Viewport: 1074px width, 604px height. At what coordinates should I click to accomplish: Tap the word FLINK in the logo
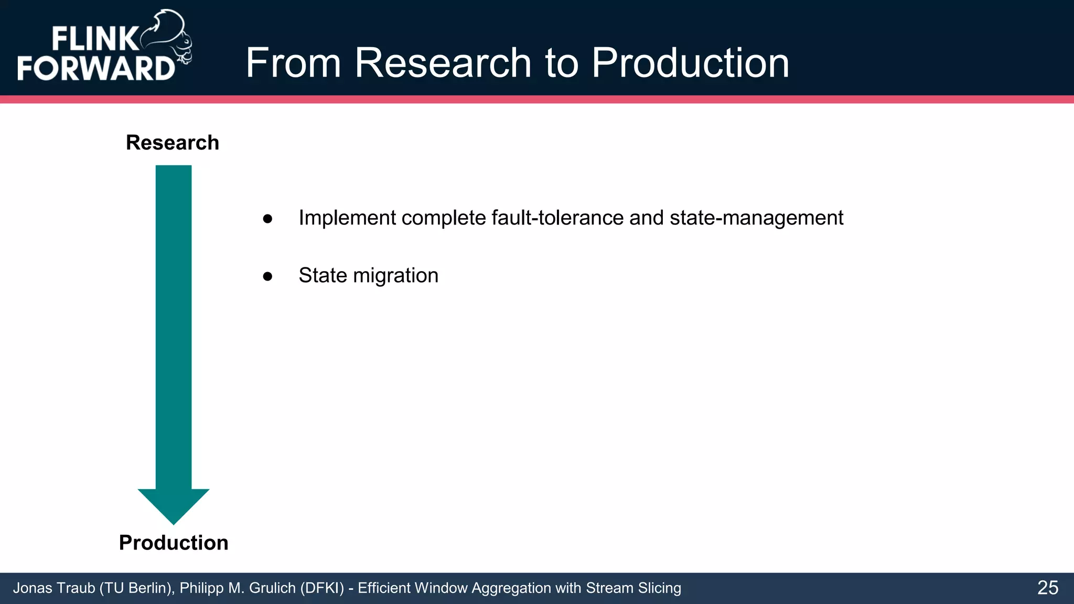[x=94, y=39]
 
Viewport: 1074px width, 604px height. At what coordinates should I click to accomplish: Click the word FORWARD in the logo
[x=96, y=68]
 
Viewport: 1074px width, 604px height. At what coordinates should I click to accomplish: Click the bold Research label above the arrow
[x=173, y=143]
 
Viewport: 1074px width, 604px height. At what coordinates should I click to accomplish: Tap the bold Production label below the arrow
[x=174, y=543]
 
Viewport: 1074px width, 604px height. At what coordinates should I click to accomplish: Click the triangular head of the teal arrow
[x=174, y=505]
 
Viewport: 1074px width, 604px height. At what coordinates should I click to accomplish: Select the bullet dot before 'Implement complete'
[x=267, y=219]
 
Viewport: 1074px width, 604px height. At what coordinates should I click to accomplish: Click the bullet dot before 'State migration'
[x=267, y=276]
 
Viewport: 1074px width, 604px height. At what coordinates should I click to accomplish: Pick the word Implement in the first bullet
[x=347, y=218]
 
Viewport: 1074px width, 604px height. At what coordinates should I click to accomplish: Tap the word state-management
[x=756, y=218]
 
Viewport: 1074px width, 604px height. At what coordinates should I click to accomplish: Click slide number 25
[x=1047, y=588]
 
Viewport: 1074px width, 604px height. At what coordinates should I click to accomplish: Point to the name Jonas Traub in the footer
[x=53, y=588]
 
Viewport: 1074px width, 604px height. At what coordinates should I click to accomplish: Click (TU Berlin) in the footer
[x=136, y=588]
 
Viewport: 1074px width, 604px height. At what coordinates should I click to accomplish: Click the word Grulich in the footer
[x=272, y=588]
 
